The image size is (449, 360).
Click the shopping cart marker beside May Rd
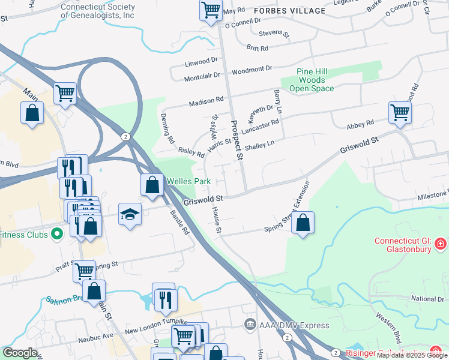(211, 10)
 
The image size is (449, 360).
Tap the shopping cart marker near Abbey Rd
(399, 112)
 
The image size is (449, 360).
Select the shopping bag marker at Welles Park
(152, 185)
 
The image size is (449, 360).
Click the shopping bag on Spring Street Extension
(303, 223)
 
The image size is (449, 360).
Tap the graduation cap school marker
(130, 214)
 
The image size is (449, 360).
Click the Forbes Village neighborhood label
(289, 10)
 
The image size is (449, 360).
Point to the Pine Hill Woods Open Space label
(312, 80)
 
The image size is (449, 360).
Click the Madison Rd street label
(206, 103)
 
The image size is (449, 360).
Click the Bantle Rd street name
(179, 221)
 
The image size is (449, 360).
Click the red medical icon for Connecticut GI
(440, 244)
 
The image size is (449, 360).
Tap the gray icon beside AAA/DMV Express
(250, 325)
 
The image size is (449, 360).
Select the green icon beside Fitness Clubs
(58, 234)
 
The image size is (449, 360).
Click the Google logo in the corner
(20, 353)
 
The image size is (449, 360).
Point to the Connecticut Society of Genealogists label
(98, 11)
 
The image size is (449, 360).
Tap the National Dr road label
(427, 299)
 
